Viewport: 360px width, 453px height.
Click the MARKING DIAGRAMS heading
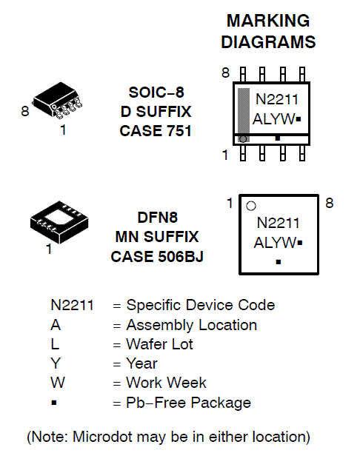(268, 32)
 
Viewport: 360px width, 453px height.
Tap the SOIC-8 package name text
(156, 93)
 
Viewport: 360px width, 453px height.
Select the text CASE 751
(156, 131)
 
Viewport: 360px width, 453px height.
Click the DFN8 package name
(156, 218)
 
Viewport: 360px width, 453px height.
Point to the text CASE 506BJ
(156, 257)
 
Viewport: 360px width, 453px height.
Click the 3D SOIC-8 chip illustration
(58, 102)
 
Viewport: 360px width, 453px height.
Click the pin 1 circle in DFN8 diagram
(251, 206)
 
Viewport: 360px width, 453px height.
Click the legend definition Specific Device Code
(200, 305)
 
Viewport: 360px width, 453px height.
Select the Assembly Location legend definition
(192, 325)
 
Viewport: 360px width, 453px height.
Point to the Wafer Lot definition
(160, 344)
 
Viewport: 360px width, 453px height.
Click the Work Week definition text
(166, 383)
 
